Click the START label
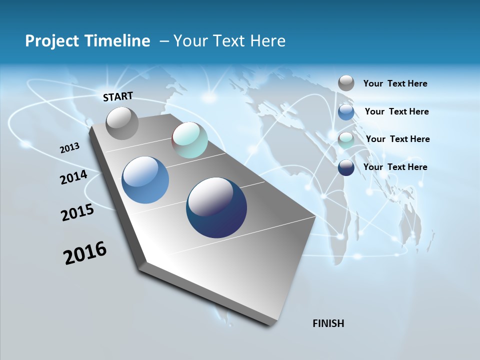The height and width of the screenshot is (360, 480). (118, 96)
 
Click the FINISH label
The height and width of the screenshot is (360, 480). (328, 323)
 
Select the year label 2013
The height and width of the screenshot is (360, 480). (69, 147)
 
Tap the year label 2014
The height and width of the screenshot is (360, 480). (73, 177)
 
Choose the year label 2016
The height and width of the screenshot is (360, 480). (85, 253)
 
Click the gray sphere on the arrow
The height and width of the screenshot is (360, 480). (122, 123)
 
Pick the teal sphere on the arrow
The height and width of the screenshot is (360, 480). (189, 140)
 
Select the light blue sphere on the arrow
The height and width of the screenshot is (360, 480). (145, 180)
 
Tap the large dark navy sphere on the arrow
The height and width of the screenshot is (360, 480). (216, 207)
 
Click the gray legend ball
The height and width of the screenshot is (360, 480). (346, 83)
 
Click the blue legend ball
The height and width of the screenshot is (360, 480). (346, 112)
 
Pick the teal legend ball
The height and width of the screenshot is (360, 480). (346, 140)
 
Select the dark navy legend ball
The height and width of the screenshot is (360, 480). (346, 167)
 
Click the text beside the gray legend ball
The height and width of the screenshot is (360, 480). (395, 84)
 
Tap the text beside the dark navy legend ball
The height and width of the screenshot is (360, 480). (395, 167)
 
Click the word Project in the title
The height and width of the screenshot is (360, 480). (51, 41)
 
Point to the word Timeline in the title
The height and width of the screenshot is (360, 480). (118, 41)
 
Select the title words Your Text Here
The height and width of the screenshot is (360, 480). (229, 41)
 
